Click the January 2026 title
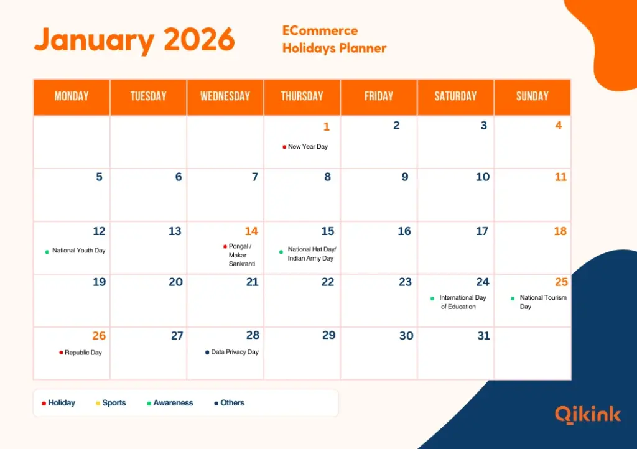click(x=134, y=40)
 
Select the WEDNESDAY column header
click(x=225, y=96)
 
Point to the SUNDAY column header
click(x=532, y=96)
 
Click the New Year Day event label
click(x=307, y=147)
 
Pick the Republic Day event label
click(x=83, y=353)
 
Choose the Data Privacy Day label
click(x=235, y=352)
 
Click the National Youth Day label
click(x=78, y=251)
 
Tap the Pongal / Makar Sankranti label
click(x=239, y=255)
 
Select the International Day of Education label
click(x=462, y=302)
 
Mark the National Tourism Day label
click(x=542, y=302)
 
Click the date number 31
click(x=483, y=336)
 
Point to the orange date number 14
click(x=251, y=231)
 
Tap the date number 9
click(x=404, y=177)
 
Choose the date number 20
click(x=175, y=282)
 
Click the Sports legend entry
click(x=114, y=403)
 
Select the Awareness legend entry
click(x=173, y=403)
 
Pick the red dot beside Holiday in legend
click(x=44, y=403)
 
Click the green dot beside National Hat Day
click(x=281, y=252)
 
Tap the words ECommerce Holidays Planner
click(x=334, y=39)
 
